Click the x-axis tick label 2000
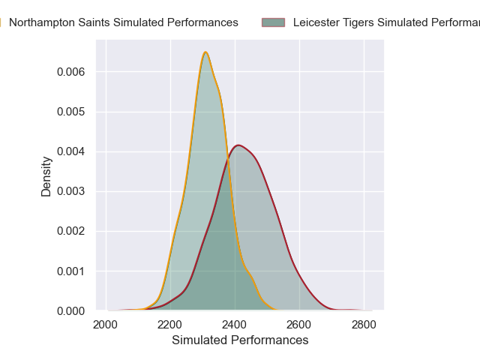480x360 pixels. click(x=106, y=325)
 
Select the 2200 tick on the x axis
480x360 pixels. click(x=170, y=325)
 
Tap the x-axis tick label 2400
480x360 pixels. click(x=235, y=325)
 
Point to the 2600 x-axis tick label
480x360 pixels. click(x=299, y=325)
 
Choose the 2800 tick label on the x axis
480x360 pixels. click(x=364, y=325)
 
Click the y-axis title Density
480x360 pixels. click(x=46, y=175)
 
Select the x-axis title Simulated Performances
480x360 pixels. click(x=240, y=340)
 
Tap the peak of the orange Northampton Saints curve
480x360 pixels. click(x=205, y=52)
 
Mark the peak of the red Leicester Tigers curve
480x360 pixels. click(x=238, y=145)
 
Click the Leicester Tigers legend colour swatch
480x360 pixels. click(x=273, y=22)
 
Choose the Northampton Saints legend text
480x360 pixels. click(x=124, y=22)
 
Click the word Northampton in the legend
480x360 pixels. click(x=37, y=22)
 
